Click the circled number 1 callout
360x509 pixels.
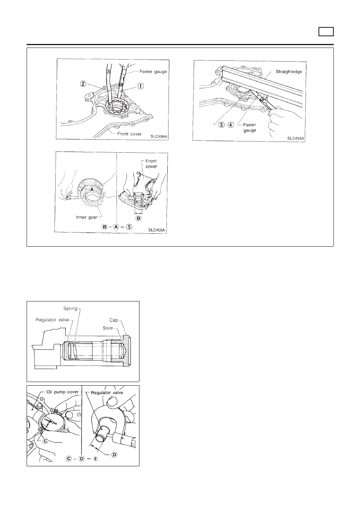point(141,86)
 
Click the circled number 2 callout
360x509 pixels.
point(83,84)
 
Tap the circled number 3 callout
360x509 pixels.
point(222,125)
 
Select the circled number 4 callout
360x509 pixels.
point(231,125)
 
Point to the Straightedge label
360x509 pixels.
point(289,72)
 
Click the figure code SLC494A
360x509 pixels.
point(159,137)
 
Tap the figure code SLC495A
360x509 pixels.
point(295,138)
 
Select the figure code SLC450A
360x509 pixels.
point(156,230)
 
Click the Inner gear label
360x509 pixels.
point(87,217)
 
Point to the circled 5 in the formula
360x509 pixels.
point(129,227)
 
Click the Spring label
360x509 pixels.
point(70,309)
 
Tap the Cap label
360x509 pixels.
point(114,320)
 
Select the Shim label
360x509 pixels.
point(108,328)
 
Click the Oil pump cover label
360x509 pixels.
point(62,392)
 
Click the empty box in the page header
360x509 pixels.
point(326,32)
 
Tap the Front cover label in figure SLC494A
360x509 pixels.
point(129,134)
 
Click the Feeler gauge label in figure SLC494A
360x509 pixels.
point(153,72)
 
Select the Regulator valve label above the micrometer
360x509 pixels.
point(107,393)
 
